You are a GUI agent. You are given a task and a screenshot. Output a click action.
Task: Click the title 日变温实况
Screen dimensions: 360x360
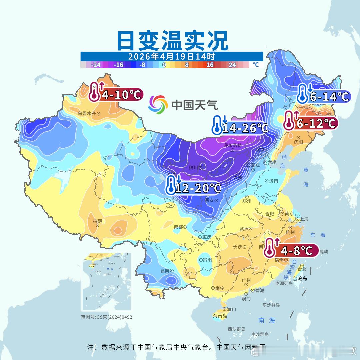(172, 41)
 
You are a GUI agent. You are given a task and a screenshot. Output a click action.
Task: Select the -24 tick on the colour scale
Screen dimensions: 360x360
(96, 65)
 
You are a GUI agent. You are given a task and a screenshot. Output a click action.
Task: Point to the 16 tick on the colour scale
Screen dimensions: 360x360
(210, 65)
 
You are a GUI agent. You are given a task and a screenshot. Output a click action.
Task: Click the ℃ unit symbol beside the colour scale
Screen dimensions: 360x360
(255, 65)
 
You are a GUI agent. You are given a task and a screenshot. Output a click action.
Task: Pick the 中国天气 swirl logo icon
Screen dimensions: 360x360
(158, 104)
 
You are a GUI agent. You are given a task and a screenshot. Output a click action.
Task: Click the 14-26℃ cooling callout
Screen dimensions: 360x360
(240, 128)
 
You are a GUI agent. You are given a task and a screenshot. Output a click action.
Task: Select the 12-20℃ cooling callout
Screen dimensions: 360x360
(193, 188)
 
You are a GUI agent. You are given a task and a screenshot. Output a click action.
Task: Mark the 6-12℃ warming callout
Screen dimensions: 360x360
(311, 123)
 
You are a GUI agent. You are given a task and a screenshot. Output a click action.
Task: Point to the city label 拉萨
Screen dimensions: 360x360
(97, 221)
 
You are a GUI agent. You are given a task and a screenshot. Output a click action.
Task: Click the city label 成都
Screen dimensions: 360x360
(178, 227)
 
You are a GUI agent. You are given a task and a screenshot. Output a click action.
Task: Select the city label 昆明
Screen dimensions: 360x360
(165, 271)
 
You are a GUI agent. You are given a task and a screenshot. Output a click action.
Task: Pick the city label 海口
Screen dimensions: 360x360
(231, 309)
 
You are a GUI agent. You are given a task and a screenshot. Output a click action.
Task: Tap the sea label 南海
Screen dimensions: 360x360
(267, 320)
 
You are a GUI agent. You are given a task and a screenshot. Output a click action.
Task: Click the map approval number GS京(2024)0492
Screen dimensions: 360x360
(107, 317)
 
